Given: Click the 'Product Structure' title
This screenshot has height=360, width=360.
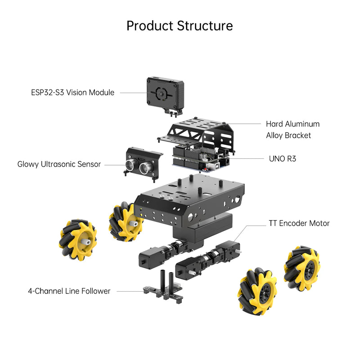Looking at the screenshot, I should click(180, 25).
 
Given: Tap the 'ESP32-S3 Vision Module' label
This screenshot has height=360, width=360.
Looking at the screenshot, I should click(72, 93).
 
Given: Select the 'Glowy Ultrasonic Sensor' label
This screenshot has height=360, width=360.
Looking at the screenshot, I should click(59, 164).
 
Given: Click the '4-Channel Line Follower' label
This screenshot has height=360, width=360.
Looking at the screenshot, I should click(69, 291).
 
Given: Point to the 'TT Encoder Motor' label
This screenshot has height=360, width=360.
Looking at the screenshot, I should click(299, 223).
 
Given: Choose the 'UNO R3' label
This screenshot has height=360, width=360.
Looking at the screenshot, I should click(282, 158).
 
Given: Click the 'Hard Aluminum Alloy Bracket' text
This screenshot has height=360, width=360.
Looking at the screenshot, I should click(292, 129).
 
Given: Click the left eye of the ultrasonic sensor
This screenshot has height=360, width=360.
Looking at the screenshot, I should click(130, 165).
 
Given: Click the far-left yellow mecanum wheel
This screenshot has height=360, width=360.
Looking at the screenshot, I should click(77, 239).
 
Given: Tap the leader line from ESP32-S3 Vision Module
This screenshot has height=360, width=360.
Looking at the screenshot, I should click(133, 93).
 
